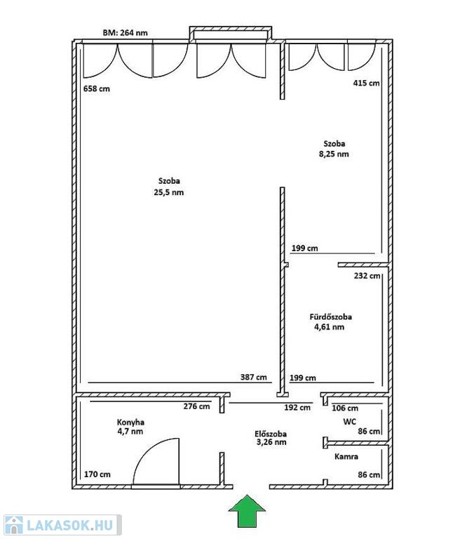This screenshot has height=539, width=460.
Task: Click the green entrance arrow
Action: coord(247,511)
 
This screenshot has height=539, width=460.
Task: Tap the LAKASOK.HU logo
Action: coord(62,525)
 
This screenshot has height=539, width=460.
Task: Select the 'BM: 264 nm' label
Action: coord(125,33)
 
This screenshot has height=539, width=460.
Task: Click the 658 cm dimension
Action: coord(97,88)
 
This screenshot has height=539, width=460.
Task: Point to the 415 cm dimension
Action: coord(366,83)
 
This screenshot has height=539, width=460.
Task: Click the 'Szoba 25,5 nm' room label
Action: coord(169,187)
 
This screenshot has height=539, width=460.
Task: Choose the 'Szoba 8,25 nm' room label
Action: coord(334,149)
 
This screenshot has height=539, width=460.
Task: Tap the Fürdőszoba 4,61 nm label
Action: coord(330,321)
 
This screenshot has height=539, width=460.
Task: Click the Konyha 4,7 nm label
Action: coord(130,427)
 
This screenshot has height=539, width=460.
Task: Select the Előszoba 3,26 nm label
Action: coord(271,438)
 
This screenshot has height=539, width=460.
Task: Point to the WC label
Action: coord(349,421)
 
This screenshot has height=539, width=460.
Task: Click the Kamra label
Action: coord(346,456)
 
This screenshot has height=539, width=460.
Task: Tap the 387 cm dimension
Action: coord(254,377)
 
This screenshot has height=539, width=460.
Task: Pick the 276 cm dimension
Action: coord(196,406)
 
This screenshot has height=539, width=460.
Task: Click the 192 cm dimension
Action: coord(297,408)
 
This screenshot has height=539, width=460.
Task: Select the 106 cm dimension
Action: coord(345,408)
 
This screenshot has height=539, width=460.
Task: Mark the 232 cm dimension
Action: coord(367,276)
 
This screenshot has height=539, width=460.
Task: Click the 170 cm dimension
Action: coord(97,474)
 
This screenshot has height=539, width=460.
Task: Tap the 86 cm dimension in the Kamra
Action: coord(369,474)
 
